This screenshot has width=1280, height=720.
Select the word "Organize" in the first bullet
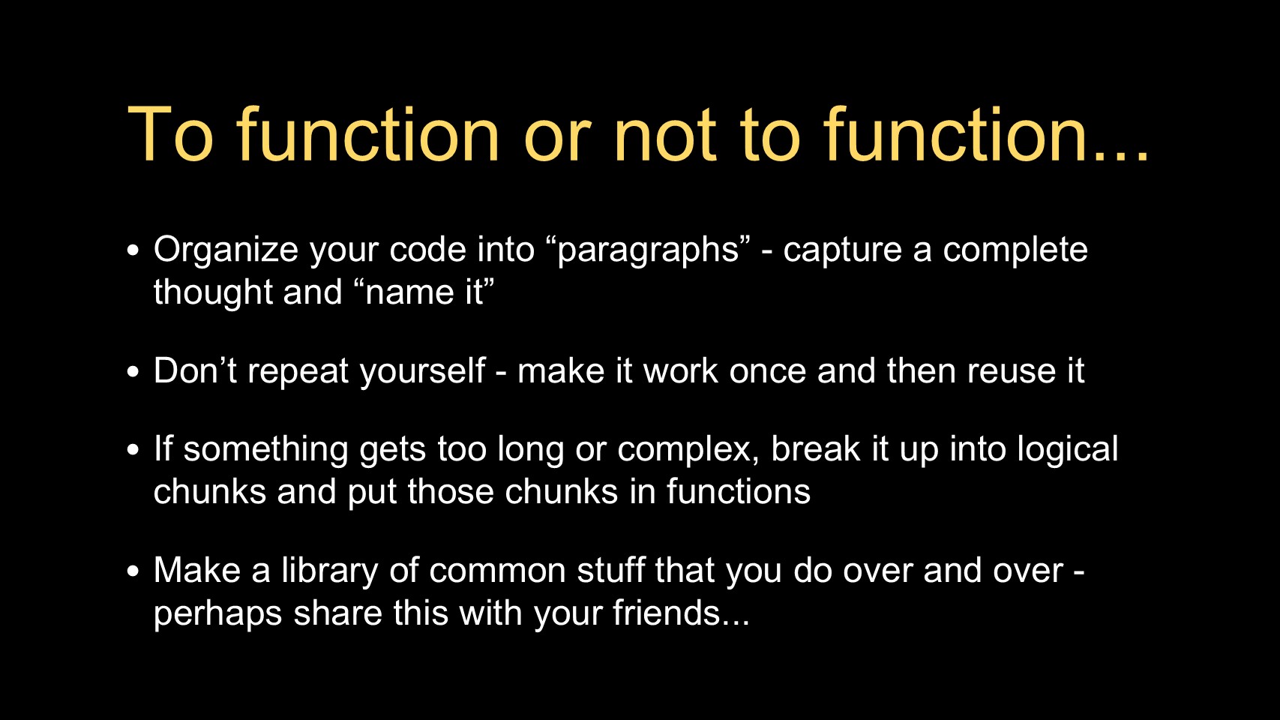pyautogui.click(x=226, y=251)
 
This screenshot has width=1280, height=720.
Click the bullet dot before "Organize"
pyautogui.click(x=133, y=250)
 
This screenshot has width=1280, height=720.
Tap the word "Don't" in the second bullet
pyautogui.click(x=195, y=370)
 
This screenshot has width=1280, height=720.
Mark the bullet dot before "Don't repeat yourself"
pyautogui.click(x=133, y=372)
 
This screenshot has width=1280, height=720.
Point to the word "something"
pyautogui.click(x=265, y=450)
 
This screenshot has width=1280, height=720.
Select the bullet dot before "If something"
pyautogui.click(x=133, y=450)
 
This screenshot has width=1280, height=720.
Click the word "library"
pyautogui.click(x=330, y=571)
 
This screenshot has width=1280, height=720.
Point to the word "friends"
pyautogui.click(x=667, y=613)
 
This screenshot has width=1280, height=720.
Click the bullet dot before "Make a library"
pyautogui.click(x=133, y=571)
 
